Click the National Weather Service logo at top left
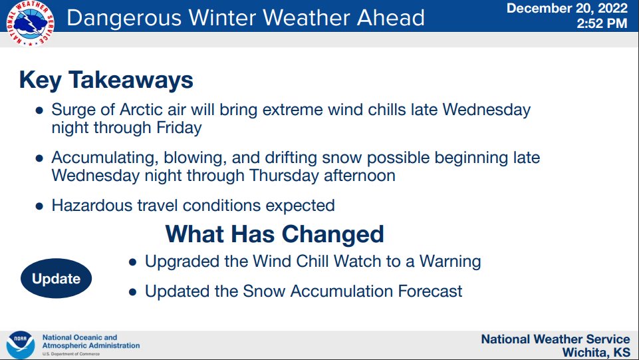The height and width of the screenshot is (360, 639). [x=30, y=23]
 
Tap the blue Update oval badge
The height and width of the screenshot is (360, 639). [x=57, y=279]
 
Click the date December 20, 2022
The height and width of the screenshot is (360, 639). [x=567, y=9]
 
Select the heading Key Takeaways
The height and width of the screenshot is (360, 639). [x=106, y=80]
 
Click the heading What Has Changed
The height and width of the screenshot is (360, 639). [x=275, y=234]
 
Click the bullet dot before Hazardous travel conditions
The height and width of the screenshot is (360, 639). [x=39, y=206]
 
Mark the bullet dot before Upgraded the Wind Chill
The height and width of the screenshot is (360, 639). [x=132, y=262]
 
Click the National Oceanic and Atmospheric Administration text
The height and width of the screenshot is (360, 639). [x=90, y=341]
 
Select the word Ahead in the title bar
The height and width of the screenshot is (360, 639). [x=392, y=17]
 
